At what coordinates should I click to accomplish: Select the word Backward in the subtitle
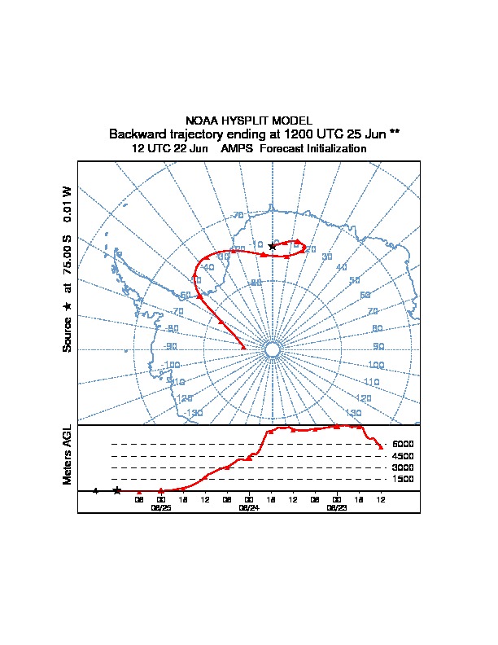click(x=138, y=134)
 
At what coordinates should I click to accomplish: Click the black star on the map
click(x=272, y=246)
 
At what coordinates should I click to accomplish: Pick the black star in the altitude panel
click(x=117, y=490)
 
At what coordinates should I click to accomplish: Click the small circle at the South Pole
click(x=273, y=349)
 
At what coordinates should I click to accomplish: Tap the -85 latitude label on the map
click(x=256, y=283)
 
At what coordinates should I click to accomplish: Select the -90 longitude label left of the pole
click(x=172, y=346)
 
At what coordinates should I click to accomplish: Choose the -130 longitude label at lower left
click(x=193, y=414)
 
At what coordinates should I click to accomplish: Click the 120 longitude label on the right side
click(x=364, y=398)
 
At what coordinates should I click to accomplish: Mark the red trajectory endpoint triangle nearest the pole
click(x=243, y=347)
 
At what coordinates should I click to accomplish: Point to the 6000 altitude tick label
click(x=403, y=444)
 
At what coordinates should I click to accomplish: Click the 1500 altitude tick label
click(x=403, y=479)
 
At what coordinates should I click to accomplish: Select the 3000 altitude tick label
click(x=403, y=467)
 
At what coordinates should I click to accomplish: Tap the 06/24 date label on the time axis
click(x=248, y=507)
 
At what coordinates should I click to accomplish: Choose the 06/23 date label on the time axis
click(x=336, y=507)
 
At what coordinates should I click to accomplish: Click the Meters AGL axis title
click(x=68, y=454)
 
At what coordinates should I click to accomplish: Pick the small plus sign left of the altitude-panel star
click(x=95, y=490)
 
